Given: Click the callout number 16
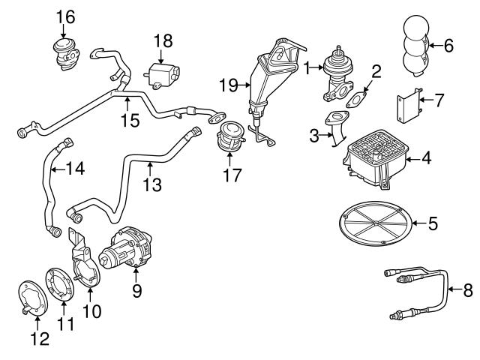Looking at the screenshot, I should (x=66, y=15).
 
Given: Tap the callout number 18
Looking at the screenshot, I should (x=163, y=39).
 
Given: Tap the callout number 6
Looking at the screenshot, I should (x=448, y=45).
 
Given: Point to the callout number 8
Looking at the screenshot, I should (x=469, y=288).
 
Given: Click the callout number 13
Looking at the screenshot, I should (x=152, y=184).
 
